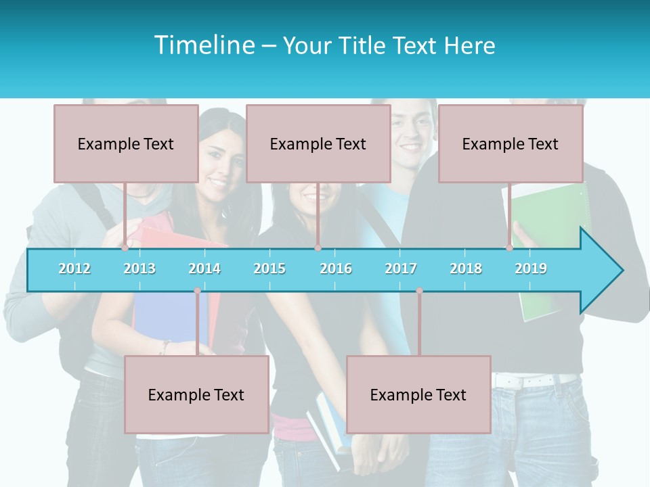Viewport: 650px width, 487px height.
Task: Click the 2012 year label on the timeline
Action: click(74, 269)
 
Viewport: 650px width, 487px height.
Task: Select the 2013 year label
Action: click(139, 269)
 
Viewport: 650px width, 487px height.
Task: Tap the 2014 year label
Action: click(204, 269)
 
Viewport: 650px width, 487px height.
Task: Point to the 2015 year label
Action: click(269, 269)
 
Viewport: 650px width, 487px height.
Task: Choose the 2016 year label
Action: click(336, 269)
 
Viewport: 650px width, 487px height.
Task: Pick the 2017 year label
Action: click(401, 269)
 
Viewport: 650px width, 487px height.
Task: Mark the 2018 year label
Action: click(466, 269)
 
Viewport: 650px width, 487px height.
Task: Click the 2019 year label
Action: click(531, 269)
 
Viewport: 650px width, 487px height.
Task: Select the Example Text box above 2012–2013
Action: click(126, 143)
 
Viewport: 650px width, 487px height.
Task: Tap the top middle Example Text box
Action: click(318, 143)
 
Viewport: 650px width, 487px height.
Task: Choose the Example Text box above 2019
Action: click(511, 143)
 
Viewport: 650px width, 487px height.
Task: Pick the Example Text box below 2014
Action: click(196, 394)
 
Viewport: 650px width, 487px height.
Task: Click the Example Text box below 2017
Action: click(418, 394)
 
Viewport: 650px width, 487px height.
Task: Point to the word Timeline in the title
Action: click(204, 45)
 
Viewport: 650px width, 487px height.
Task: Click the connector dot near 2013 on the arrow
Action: click(125, 248)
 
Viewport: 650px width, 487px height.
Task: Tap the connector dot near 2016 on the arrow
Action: click(318, 248)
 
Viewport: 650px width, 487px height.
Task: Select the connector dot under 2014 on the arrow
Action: click(197, 291)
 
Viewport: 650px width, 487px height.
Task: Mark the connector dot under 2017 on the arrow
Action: click(419, 291)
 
